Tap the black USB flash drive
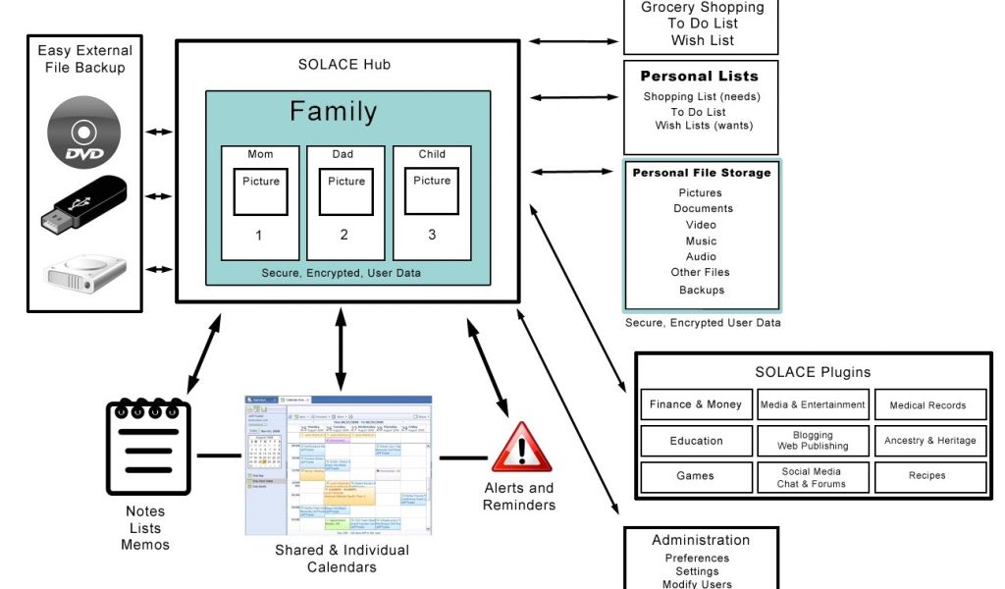[x=83, y=204]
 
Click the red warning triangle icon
[x=521, y=448]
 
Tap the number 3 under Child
[x=432, y=236]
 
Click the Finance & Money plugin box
[x=696, y=404]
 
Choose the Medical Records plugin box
[x=927, y=404]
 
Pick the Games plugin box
[x=696, y=476]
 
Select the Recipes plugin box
[x=927, y=476]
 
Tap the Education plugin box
[x=696, y=441]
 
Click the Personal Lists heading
[x=700, y=77]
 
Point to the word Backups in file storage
[x=702, y=291]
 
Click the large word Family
[x=333, y=112]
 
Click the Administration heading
[x=701, y=540]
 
